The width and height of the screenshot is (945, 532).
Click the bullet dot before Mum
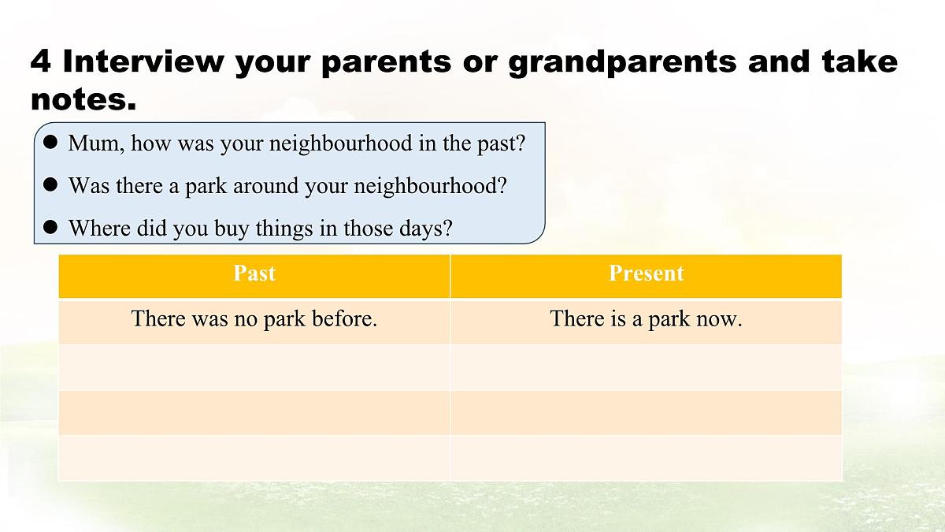point(50,143)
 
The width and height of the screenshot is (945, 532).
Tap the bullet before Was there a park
point(50,185)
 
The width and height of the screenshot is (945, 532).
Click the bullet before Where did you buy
point(50,228)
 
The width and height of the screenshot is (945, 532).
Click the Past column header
point(254,273)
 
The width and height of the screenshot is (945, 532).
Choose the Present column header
point(646,273)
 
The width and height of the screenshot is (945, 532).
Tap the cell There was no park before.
point(254,319)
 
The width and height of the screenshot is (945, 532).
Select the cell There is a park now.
point(646,319)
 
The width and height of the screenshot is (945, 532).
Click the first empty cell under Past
point(254,366)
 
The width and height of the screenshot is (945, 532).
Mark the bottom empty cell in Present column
point(646,457)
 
